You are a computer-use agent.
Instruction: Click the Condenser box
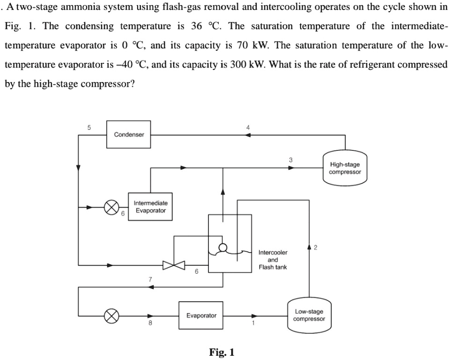[x=129, y=135]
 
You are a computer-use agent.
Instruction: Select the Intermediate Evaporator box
[x=150, y=207]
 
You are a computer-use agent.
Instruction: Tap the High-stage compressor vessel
[x=345, y=168]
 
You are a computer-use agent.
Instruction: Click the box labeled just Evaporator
[x=201, y=315]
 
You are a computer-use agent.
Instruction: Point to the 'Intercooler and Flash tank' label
[x=273, y=260]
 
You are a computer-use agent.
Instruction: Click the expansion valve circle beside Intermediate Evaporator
[x=111, y=207]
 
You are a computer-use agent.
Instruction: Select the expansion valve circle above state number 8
[x=111, y=315]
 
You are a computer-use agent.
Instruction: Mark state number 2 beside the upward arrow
[x=316, y=247]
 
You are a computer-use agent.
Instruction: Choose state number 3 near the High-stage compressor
[x=290, y=160]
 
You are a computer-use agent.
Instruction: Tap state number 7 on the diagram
[x=150, y=279]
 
